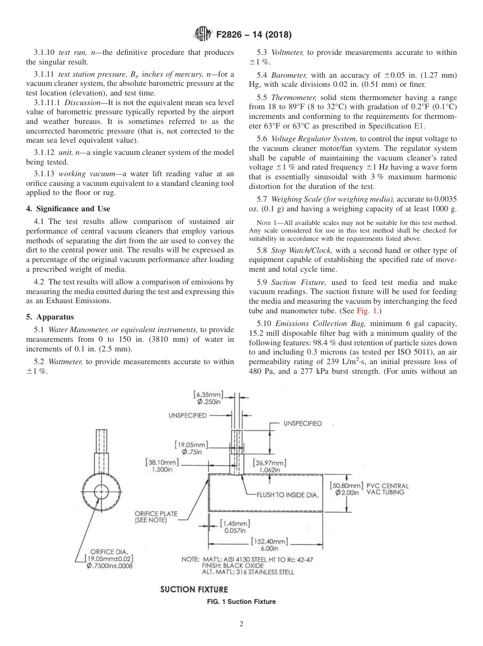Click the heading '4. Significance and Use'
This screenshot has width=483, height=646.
68,208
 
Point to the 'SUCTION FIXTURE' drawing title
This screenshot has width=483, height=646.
194,589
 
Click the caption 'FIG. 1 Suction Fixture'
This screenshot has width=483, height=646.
241,602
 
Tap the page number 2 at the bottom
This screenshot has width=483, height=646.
242,624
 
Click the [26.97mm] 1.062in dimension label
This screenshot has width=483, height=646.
269,466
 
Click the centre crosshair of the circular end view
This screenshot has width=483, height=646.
102,492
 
